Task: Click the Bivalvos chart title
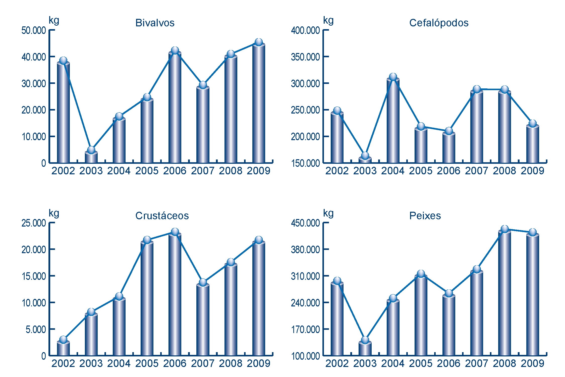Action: coord(155,23)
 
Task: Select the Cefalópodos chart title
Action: coord(439,23)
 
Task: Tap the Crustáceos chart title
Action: coord(162,216)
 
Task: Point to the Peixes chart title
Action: coord(425,216)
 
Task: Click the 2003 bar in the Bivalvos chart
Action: coord(91,157)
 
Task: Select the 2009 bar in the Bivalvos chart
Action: coord(259,103)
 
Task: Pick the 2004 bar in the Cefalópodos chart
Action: coord(393,121)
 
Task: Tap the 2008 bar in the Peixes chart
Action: coord(504,294)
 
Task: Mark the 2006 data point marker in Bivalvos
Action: coord(175,50)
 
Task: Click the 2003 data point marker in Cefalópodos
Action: coord(365,155)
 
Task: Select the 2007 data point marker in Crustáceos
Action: coord(203,282)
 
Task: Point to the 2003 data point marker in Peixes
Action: coord(365,340)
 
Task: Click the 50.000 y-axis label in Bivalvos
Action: coord(34,31)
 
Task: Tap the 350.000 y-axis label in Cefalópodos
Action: coord(305,57)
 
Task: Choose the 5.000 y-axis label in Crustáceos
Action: coord(36,329)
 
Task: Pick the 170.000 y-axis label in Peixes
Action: coord(305,329)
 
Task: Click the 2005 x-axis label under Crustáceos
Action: coord(147,363)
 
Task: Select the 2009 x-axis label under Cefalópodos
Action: coord(532,171)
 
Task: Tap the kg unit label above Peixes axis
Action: coord(328,213)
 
